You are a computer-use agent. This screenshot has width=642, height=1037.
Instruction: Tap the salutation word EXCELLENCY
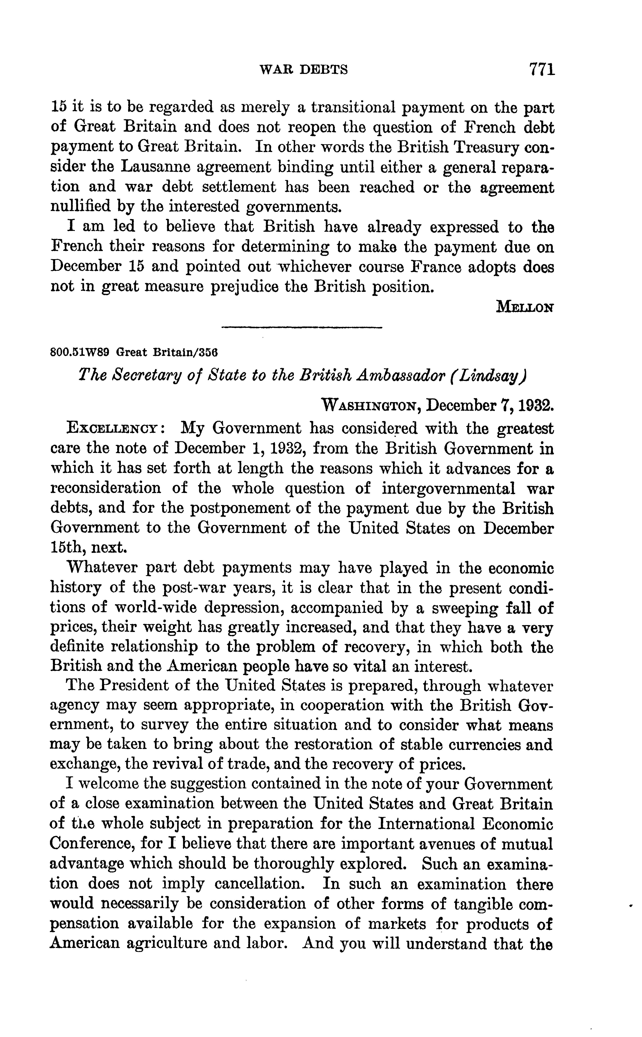coord(113,428)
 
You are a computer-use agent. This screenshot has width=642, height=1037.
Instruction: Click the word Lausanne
coord(153,167)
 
